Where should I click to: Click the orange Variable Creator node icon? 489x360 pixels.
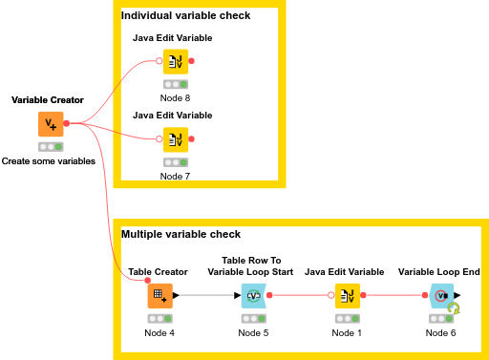51,124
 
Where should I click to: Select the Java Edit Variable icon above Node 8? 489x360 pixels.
176,61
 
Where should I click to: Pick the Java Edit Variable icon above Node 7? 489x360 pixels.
176,139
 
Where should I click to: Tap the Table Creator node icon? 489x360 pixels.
160,296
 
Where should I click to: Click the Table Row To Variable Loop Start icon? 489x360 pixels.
254,296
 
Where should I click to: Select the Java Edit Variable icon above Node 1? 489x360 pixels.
348,296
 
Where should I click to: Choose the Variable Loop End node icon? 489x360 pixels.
441,296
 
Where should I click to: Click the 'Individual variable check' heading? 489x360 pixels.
185,15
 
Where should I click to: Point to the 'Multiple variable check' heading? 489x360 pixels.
181,234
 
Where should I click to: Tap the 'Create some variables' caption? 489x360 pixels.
49,161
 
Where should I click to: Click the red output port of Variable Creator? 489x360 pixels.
67,123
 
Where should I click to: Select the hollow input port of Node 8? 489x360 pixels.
159,61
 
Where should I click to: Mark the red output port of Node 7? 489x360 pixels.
191,138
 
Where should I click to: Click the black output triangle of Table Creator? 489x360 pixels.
176,295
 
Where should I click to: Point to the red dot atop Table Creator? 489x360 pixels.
147,281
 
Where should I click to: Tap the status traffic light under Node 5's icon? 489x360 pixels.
254,318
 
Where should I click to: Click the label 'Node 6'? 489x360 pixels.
440,333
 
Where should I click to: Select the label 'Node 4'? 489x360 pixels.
159,333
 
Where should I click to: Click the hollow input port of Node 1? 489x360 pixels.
331,295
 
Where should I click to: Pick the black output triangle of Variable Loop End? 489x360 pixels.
457,295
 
